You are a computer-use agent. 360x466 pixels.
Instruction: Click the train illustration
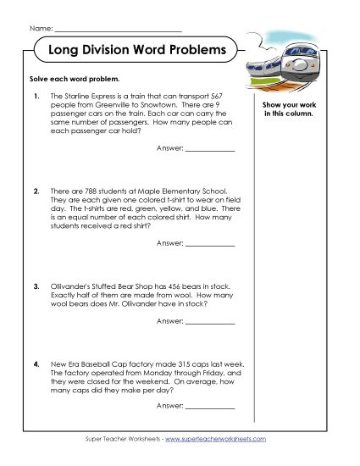[300, 58]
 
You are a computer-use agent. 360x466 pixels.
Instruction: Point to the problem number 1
[36, 97]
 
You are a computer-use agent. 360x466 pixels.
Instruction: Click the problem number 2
[36, 191]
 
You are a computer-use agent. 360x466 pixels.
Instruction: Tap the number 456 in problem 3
[164, 286]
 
